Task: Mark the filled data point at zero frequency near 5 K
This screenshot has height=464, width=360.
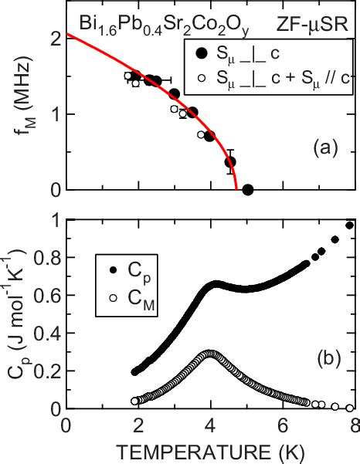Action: point(247,189)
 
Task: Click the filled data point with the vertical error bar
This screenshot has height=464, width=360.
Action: point(229,161)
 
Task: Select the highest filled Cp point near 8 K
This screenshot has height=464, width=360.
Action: point(350,225)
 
